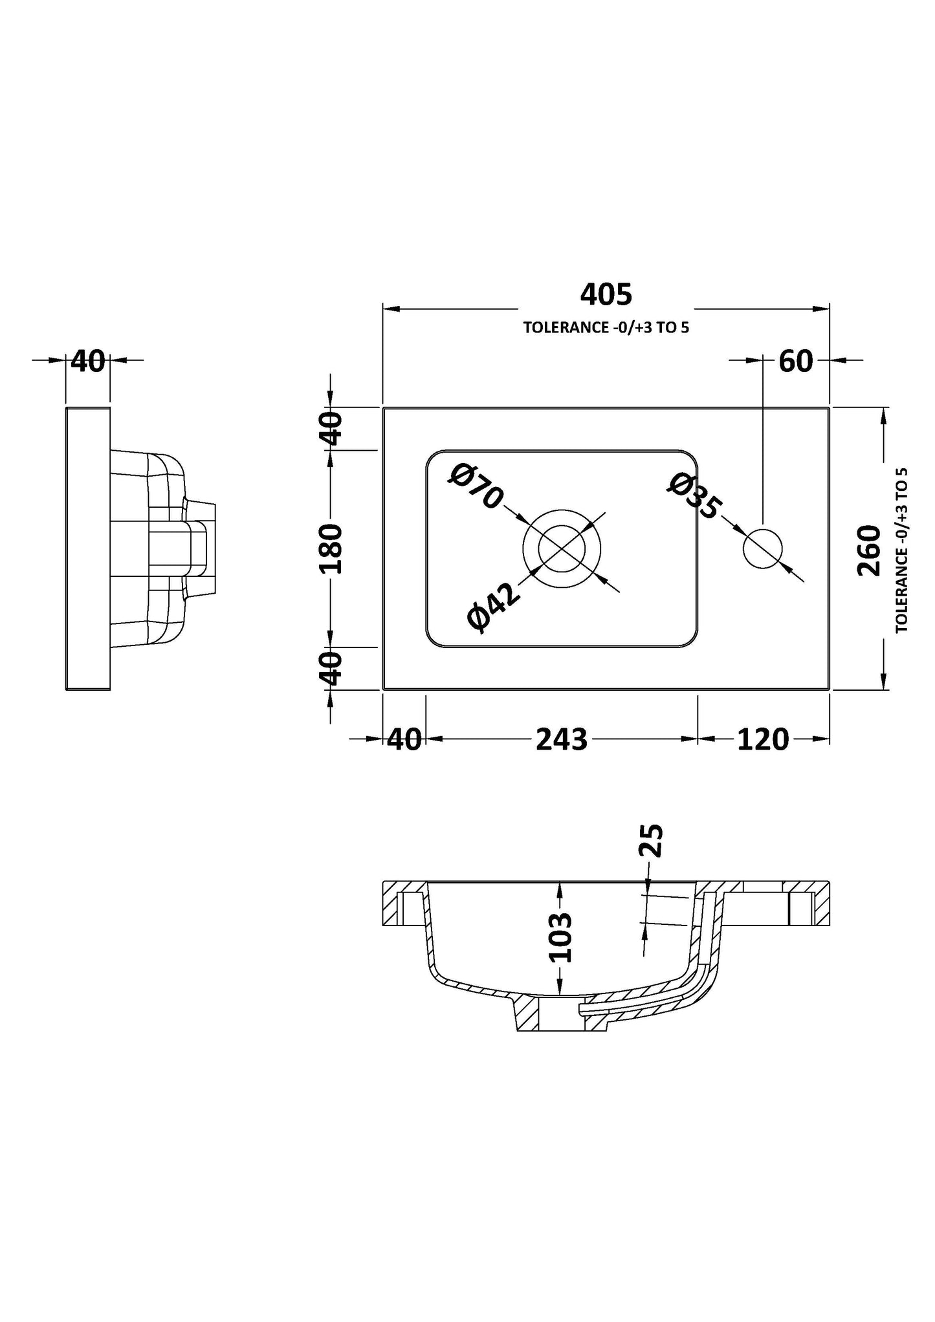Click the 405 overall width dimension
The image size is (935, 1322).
pyautogui.click(x=606, y=295)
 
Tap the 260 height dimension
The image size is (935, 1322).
pyautogui.click(x=869, y=550)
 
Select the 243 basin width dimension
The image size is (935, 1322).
pyautogui.click(x=562, y=739)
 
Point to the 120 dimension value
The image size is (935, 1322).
pyautogui.click(x=763, y=739)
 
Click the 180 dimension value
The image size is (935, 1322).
pyautogui.click(x=331, y=548)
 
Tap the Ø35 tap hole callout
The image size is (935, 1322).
pyautogui.click(x=694, y=496)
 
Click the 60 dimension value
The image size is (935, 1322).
pyautogui.click(x=795, y=361)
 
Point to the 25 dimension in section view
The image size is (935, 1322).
pyautogui.click(x=654, y=840)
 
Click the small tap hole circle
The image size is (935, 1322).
pyautogui.click(x=763, y=549)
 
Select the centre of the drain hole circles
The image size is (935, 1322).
pyautogui.click(x=562, y=549)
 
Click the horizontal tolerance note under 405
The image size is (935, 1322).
pyautogui.click(x=606, y=327)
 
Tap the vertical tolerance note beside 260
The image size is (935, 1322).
pyautogui.click(x=902, y=550)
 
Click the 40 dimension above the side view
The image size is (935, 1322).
pyautogui.click(x=87, y=361)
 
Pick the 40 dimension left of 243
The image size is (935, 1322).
pyautogui.click(x=404, y=739)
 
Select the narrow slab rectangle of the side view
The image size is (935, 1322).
pyautogui.click(x=88, y=548)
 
